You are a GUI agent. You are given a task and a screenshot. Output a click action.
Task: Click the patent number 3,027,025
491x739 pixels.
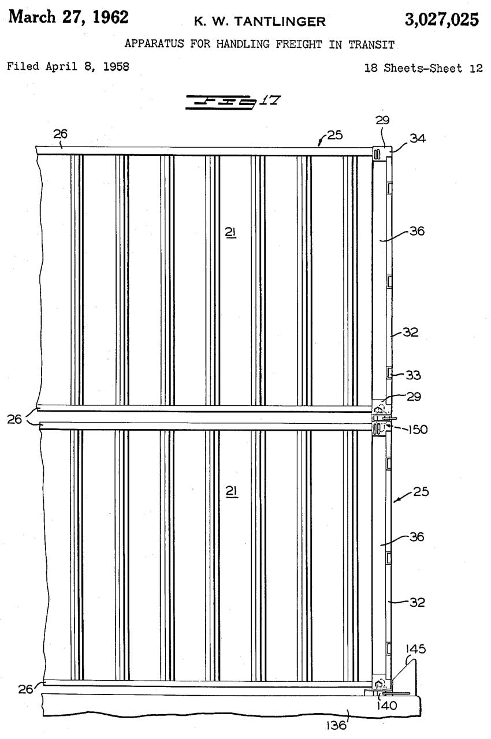pos(441,20)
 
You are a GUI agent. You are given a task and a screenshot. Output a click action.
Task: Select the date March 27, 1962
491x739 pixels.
pos(69,17)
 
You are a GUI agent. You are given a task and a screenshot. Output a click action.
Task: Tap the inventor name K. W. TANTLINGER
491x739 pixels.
pos(260,22)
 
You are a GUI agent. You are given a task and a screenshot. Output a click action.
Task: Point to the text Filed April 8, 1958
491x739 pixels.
pos(68,66)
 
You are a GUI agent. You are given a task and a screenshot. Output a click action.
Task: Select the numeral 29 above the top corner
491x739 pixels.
pos(382,121)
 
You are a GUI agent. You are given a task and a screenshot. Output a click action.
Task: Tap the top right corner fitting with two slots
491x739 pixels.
pos(379,152)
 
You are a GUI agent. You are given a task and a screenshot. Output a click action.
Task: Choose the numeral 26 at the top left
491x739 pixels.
pos(61,134)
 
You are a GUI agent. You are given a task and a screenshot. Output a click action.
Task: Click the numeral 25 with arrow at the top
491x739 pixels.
pos(334,135)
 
